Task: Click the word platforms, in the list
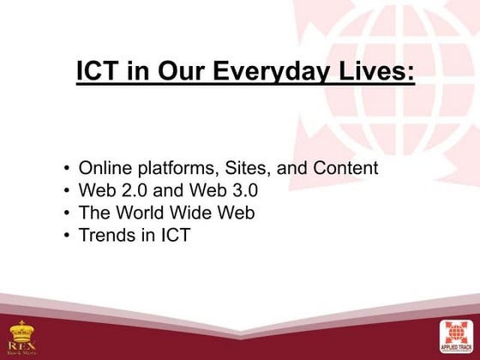pos(174,168)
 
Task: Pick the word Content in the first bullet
pos(347,168)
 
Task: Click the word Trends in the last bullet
pos(105,233)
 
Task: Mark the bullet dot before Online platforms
pos(67,169)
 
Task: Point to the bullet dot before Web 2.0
pos(67,190)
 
